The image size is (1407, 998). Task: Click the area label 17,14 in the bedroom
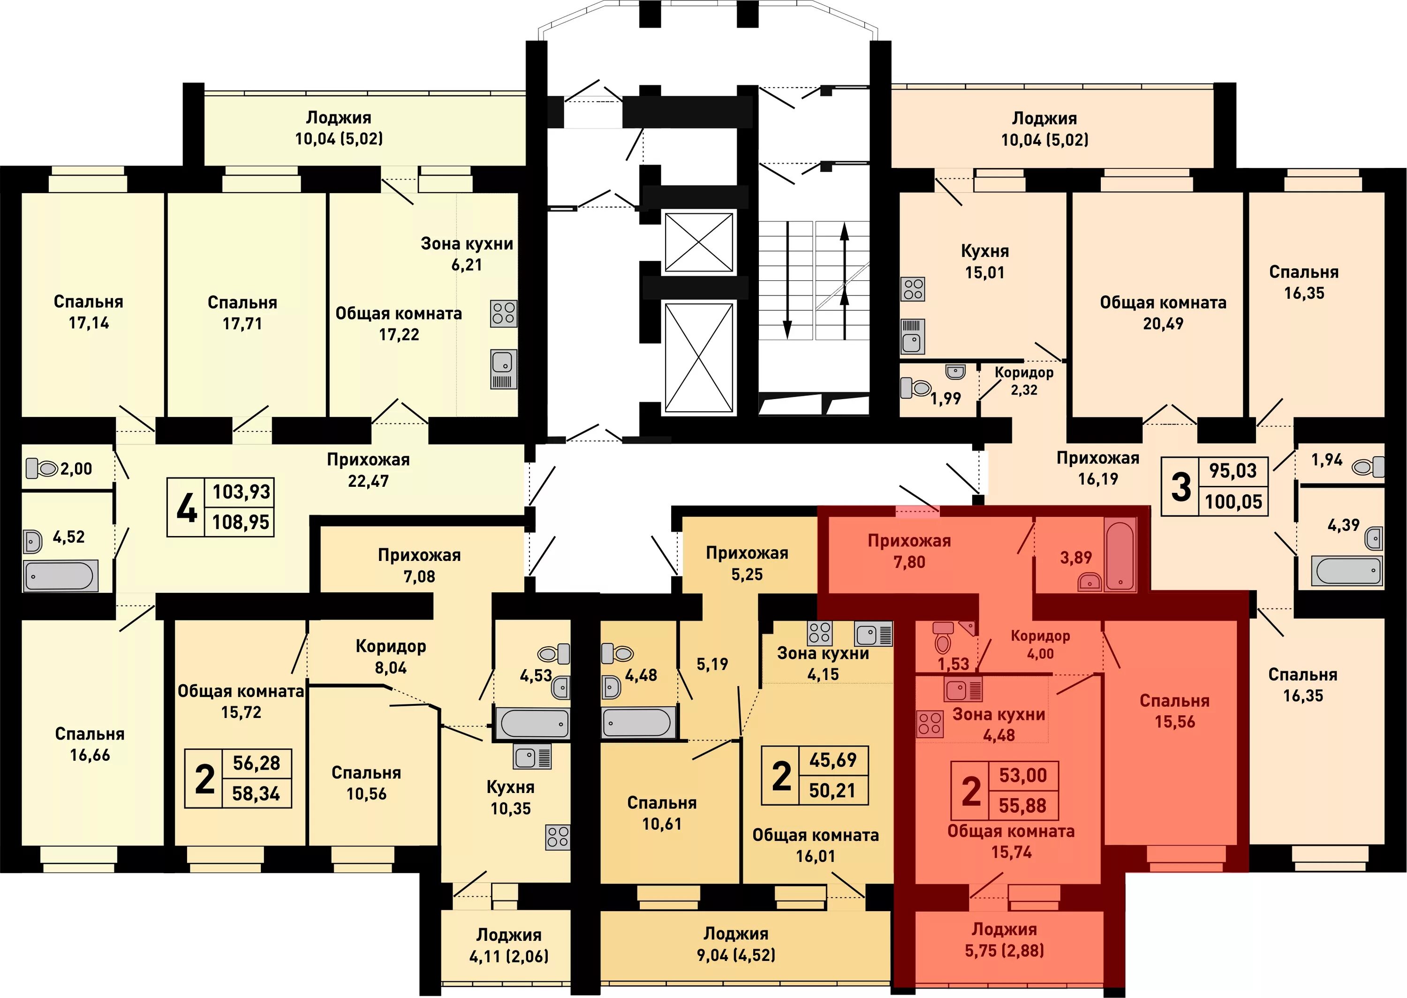point(89,323)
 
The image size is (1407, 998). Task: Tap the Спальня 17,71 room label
point(242,313)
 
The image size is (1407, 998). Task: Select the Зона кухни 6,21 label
point(467,254)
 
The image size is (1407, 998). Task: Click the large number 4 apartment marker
point(186,507)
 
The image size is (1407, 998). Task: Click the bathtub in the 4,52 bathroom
point(60,576)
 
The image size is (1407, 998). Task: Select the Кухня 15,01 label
point(984,261)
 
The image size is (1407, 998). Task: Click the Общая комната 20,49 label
point(1163,313)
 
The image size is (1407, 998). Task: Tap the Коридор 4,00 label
point(1040,645)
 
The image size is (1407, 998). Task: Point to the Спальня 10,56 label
point(366,783)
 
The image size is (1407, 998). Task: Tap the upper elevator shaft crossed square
point(699,242)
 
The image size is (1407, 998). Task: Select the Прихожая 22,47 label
point(368,470)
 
